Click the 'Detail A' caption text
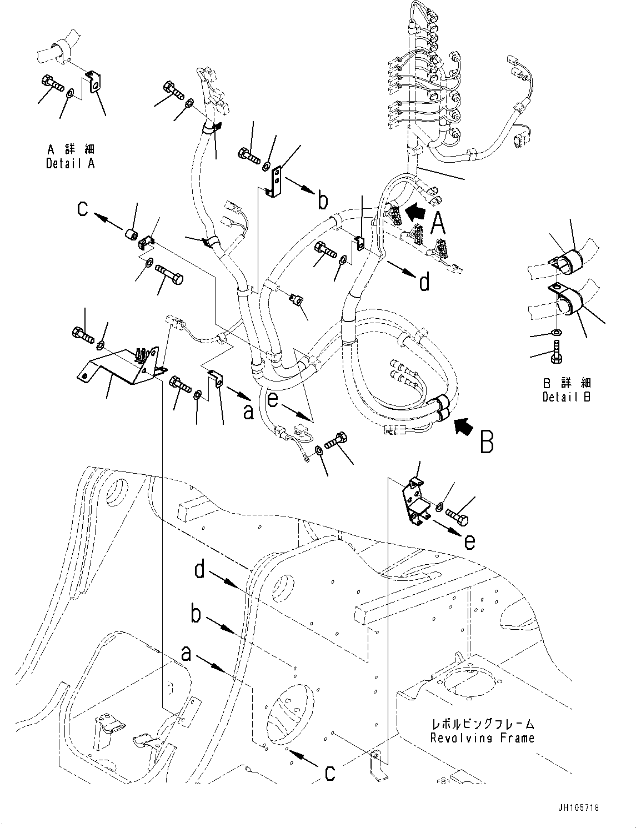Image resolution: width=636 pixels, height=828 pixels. (x=70, y=164)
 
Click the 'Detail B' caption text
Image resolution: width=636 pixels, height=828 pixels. (x=567, y=397)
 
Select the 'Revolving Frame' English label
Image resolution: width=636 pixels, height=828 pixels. (x=482, y=738)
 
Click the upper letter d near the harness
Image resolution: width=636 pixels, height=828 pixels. (x=424, y=283)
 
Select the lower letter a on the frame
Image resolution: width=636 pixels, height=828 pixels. (x=186, y=655)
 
